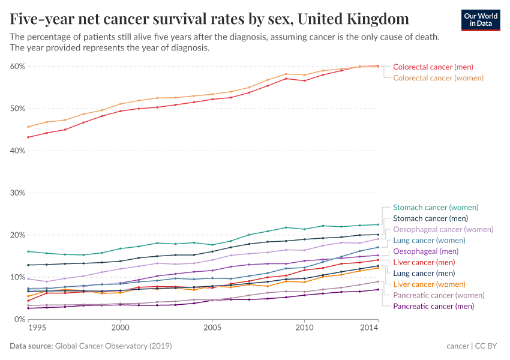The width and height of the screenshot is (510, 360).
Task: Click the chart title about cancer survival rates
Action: coord(210,19)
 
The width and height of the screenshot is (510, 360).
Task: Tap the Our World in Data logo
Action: coord(480,19)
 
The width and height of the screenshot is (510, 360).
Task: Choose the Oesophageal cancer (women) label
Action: coord(443,230)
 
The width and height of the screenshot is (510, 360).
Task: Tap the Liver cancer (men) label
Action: coord(424,262)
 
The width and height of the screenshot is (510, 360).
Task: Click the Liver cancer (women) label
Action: coord(428,284)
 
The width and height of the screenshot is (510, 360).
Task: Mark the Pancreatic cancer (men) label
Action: coord(433,306)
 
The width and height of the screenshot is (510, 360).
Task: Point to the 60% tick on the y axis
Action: coord(16,67)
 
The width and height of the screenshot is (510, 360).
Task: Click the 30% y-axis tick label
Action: coord(16,193)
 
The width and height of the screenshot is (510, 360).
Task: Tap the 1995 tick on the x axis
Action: coord(36,329)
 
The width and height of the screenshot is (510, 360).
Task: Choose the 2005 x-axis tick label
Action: coord(212,329)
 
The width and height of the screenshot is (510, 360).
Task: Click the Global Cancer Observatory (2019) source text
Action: coord(113,346)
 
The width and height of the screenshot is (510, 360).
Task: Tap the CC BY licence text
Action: coord(487,346)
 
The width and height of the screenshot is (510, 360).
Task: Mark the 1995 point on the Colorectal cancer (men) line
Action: coord(28,137)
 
